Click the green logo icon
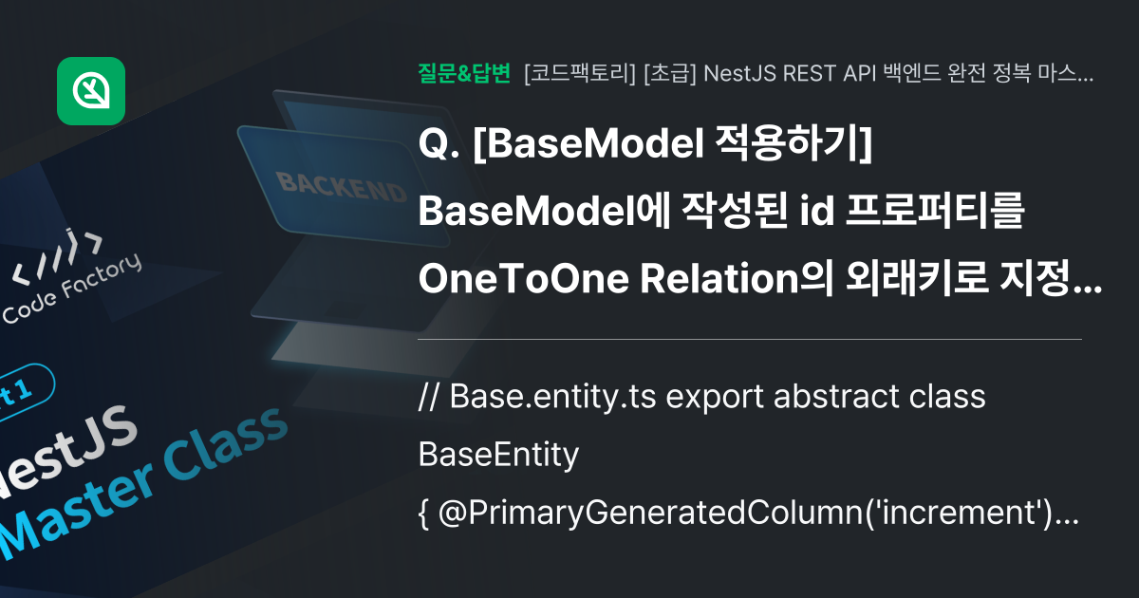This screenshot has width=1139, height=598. coord(91,91)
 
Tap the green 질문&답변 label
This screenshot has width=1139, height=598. coord(464,73)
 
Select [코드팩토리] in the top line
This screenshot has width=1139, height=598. coord(579,73)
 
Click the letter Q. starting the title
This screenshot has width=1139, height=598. coord(439,145)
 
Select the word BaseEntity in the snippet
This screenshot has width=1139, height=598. coord(498,456)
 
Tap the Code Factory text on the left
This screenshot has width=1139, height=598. coord(71,293)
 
